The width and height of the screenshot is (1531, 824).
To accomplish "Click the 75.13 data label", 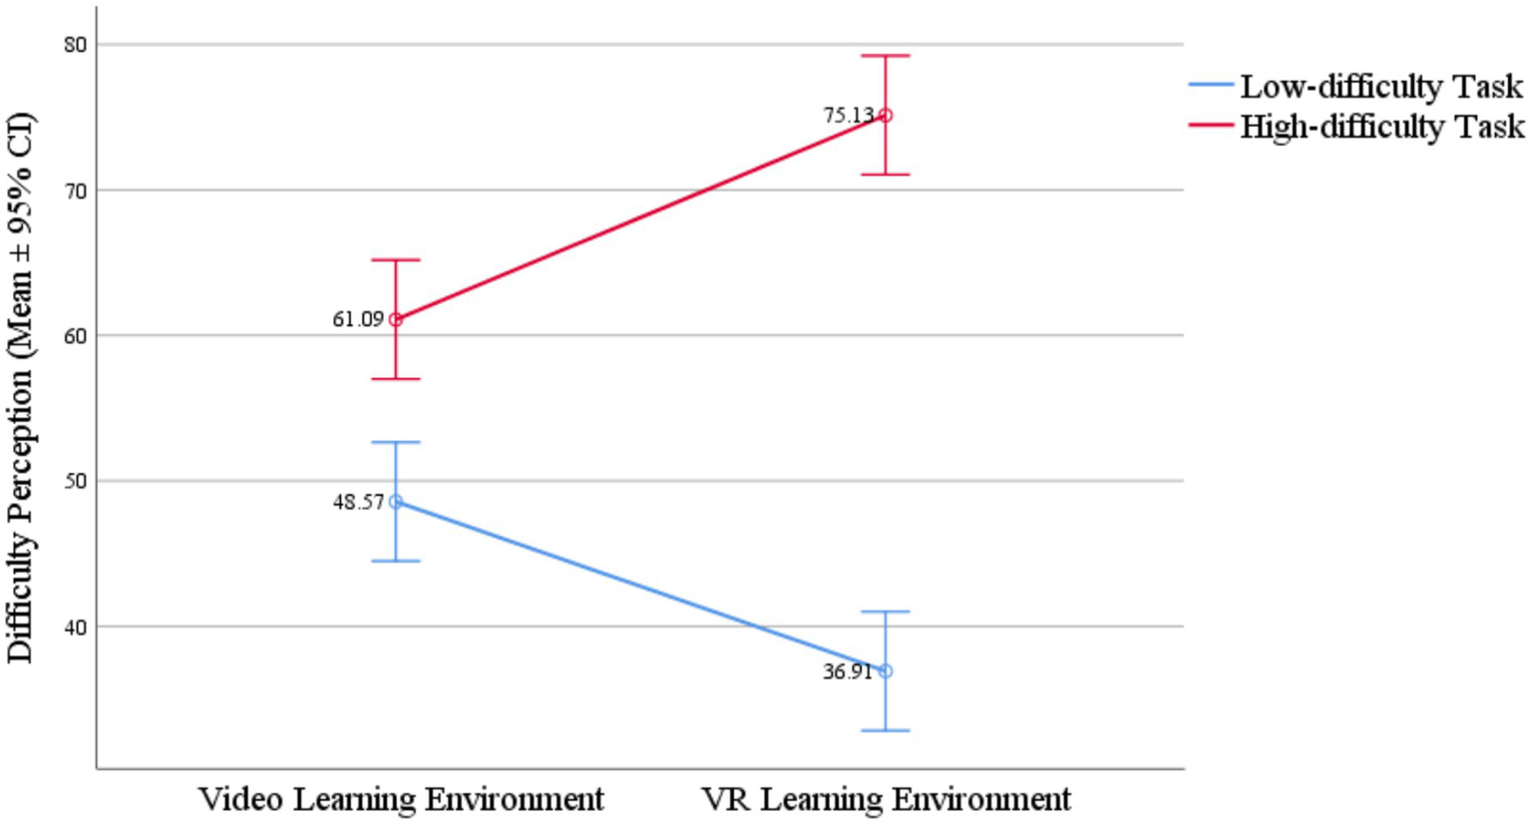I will click(x=848, y=116).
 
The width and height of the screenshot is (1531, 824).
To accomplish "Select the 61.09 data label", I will click(x=358, y=320).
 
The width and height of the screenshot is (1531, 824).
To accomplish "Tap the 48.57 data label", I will click(x=358, y=503).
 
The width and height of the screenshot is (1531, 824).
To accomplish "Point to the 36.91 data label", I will click(x=848, y=672).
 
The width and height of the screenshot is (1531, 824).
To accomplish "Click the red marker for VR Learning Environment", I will click(x=886, y=116).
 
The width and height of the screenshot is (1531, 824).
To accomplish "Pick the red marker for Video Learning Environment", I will click(x=396, y=320).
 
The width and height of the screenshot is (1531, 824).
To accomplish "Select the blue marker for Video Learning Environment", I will click(x=396, y=502).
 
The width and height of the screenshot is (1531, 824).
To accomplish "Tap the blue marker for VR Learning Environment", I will click(x=886, y=671).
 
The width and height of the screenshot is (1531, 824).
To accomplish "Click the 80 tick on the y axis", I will click(x=75, y=45).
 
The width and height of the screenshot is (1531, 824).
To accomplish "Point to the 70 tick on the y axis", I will click(x=75, y=191).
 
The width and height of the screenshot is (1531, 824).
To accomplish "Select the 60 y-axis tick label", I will click(x=75, y=336).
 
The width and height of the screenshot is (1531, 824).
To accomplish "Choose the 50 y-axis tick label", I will click(x=75, y=481).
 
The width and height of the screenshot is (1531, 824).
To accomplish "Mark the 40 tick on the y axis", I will click(x=75, y=626).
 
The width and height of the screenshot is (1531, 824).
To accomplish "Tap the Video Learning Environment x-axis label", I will click(x=401, y=799).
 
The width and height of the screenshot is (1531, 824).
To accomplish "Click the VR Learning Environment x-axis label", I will click(x=886, y=799).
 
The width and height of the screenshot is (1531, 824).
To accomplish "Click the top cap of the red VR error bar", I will click(x=886, y=56).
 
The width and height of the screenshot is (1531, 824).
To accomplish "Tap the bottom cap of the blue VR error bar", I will click(x=886, y=730).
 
